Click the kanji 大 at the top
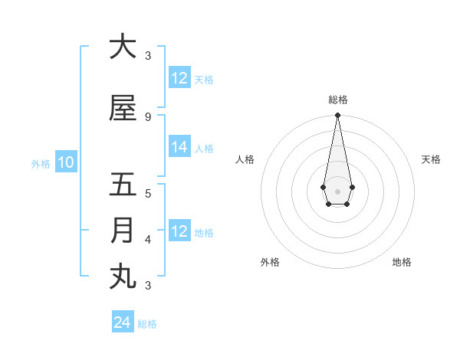(x=123, y=47)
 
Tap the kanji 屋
(x=123, y=108)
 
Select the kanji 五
(x=123, y=185)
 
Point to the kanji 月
(x=123, y=231)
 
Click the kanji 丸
(x=123, y=277)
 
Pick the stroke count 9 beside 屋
(x=148, y=117)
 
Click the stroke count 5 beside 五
(x=148, y=194)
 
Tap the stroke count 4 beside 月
(x=148, y=240)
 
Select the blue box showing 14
(x=179, y=147)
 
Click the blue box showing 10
(x=65, y=162)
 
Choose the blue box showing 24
(x=122, y=322)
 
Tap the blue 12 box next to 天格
(x=179, y=78)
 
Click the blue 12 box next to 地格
(x=179, y=231)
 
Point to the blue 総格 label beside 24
(x=147, y=324)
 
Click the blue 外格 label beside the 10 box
(x=41, y=164)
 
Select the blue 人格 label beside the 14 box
(x=204, y=149)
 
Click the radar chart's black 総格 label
(x=337, y=100)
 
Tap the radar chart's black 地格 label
(x=402, y=262)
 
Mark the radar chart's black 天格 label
(x=431, y=159)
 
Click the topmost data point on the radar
(x=337, y=116)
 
